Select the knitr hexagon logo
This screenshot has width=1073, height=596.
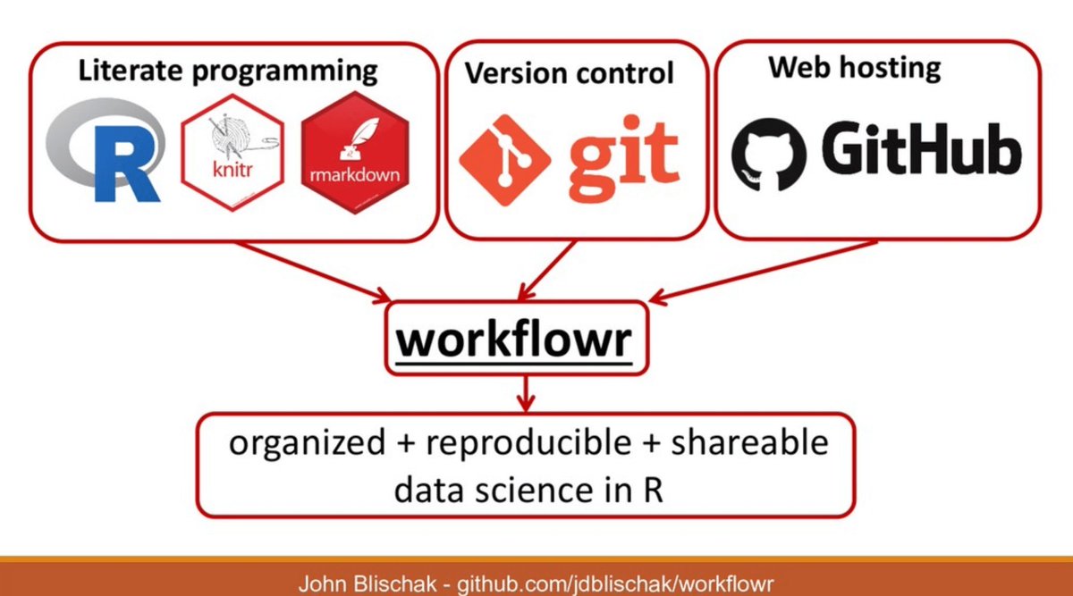tap(232, 154)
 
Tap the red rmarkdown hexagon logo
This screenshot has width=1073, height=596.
tap(355, 154)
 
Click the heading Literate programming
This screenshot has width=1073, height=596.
tap(228, 71)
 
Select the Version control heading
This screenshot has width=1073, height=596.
tap(570, 72)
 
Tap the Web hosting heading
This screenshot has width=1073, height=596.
tap(854, 67)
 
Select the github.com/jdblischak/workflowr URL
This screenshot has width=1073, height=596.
tap(616, 584)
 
